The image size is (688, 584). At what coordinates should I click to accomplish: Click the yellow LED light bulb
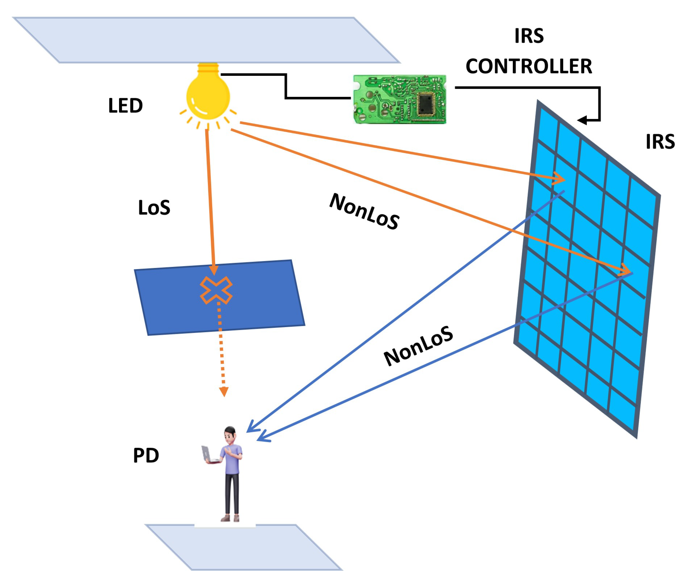coord(208,96)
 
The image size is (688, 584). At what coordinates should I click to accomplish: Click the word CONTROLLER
coord(528,66)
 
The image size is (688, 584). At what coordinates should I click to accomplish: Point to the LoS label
coord(154,208)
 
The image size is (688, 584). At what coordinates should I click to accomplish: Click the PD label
coord(146,455)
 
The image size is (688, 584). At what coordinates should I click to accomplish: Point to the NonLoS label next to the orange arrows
coord(364,211)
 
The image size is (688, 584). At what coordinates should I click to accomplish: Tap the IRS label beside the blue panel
coord(660,142)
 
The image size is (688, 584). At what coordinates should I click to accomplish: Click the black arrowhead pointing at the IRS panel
coord(582,120)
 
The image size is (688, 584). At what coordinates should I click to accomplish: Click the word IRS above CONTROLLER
coord(529,36)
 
